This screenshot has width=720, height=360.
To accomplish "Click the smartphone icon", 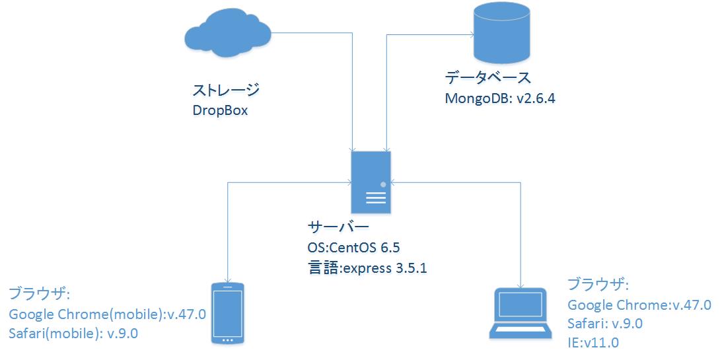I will click(x=227, y=313).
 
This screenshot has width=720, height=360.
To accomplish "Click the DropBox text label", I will click(x=220, y=110).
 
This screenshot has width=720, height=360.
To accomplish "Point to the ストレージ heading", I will click(x=225, y=90).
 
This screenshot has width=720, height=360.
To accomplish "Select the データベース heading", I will click(x=487, y=77).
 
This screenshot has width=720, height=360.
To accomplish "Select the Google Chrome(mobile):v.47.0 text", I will click(x=108, y=313).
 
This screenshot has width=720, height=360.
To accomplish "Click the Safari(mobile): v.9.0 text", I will click(x=73, y=333).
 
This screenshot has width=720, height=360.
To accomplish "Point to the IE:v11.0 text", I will click(x=593, y=342).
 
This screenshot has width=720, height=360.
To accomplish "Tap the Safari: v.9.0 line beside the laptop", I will click(x=604, y=324).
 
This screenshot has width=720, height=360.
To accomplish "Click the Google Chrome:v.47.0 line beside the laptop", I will click(x=639, y=305).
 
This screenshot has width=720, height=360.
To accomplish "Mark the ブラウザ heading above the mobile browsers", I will click(x=39, y=293).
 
